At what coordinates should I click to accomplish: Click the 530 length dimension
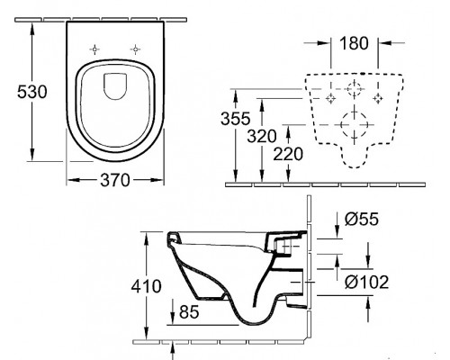pyautogui.click(x=32, y=92)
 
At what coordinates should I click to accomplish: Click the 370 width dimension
pyautogui.click(x=115, y=180)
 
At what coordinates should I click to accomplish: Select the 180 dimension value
pyautogui.click(x=354, y=43)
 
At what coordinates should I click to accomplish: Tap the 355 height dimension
pyautogui.click(x=235, y=119)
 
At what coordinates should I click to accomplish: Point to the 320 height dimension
pyautogui.click(x=262, y=137)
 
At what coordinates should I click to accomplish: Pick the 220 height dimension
pyautogui.click(x=288, y=154)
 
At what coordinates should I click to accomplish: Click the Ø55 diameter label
pyautogui.click(x=362, y=219)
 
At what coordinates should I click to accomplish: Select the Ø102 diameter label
pyautogui.click(x=366, y=282)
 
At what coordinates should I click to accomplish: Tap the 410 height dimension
pyautogui.click(x=146, y=286)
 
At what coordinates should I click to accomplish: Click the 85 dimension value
pyautogui.click(x=189, y=311)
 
